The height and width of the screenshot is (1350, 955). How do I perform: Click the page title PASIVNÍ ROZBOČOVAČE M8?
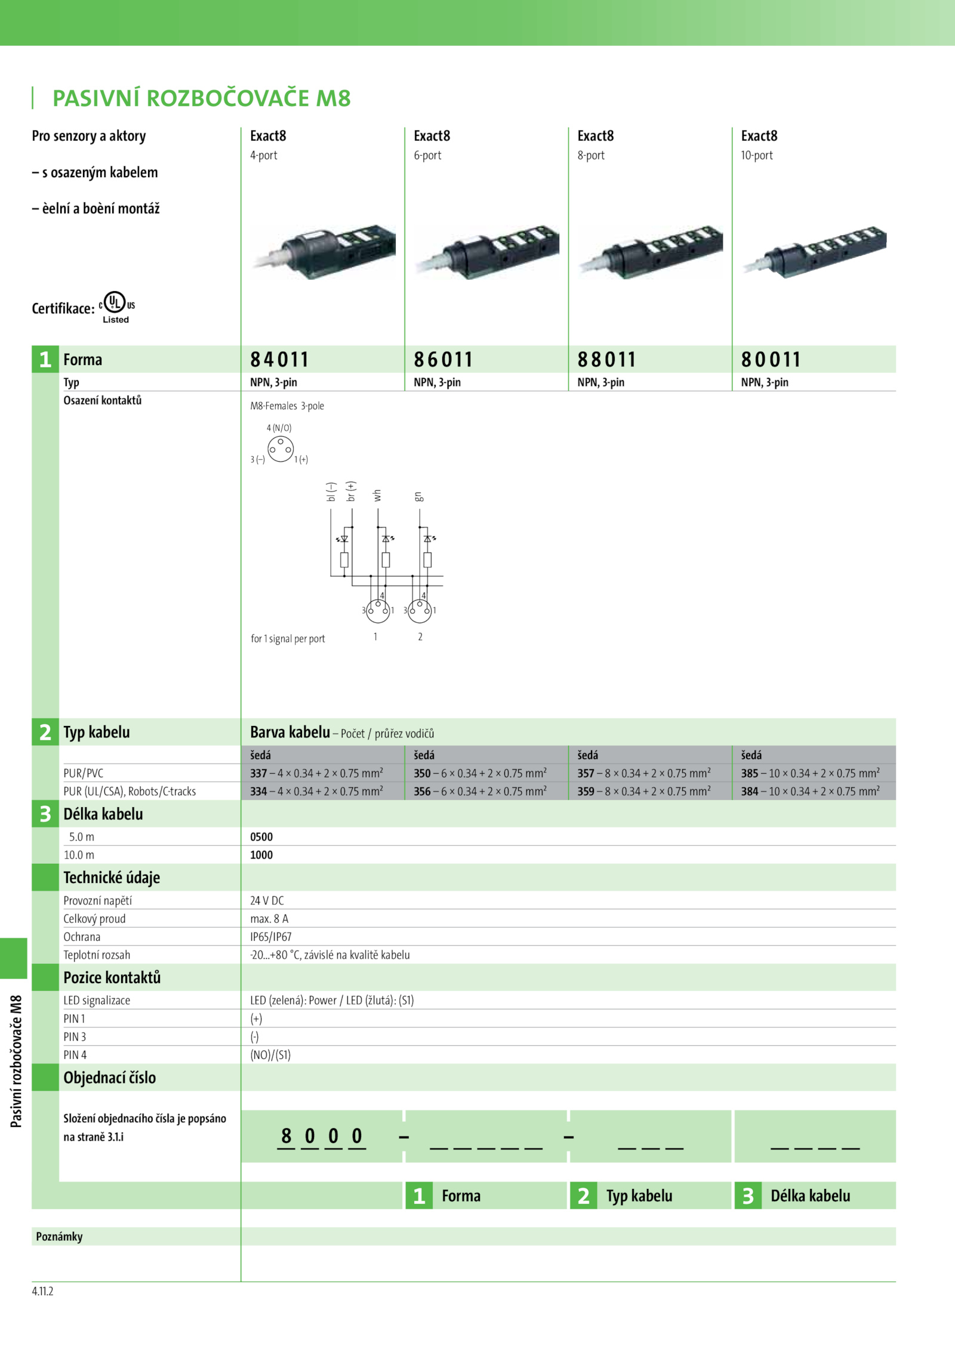coord(201,98)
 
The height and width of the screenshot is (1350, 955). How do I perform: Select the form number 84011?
coord(279,360)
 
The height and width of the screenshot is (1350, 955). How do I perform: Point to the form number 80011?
coord(771,360)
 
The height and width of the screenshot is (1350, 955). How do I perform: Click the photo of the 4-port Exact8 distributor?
coord(323,251)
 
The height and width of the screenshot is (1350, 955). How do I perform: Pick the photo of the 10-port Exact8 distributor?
coord(814,251)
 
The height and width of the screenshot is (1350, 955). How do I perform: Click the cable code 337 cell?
coord(316,773)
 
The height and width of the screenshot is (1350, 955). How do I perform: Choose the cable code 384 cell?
coord(810,791)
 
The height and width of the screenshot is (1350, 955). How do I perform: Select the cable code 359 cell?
coord(643,791)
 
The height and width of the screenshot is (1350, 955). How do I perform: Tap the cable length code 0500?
coord(261,837)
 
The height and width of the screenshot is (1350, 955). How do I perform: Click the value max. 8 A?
coord(269,919)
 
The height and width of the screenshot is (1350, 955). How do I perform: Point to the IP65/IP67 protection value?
coord(271,937)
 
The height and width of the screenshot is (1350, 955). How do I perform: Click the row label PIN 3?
coord(75,1037)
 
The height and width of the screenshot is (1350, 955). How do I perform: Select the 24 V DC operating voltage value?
coord(267,901)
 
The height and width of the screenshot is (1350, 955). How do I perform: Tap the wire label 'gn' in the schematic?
coord(419,496)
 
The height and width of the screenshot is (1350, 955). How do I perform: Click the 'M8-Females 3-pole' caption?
coord(287,406)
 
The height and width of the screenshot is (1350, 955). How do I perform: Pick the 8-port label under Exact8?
coord(591,156)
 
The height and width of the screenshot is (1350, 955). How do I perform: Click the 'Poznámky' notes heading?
coord(59,1237)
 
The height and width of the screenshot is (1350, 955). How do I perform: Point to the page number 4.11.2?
coord(42,1292)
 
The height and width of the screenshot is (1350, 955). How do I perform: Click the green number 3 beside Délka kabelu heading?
coord(45,814)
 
